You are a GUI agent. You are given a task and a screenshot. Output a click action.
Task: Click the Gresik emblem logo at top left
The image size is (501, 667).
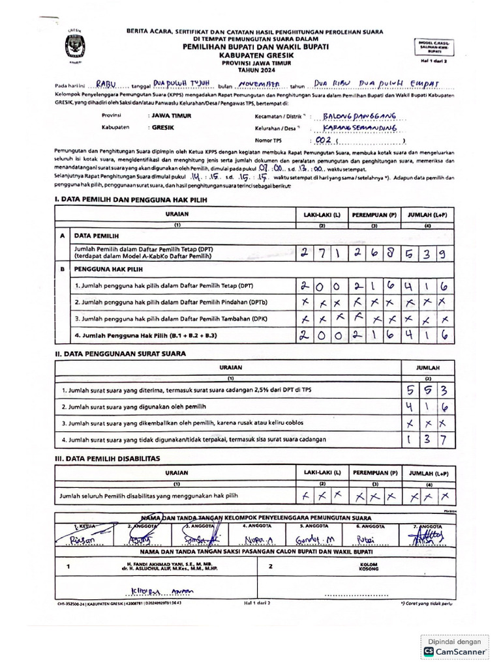[70, 47]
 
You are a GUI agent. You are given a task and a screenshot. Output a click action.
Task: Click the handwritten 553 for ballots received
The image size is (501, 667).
[426, 390]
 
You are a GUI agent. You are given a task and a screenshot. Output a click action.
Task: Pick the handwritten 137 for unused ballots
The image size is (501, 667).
[426, 440]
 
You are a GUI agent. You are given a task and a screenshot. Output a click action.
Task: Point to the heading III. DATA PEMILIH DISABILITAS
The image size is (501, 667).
[108, 459]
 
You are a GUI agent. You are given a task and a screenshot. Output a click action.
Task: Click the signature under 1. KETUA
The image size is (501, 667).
[85, 539]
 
